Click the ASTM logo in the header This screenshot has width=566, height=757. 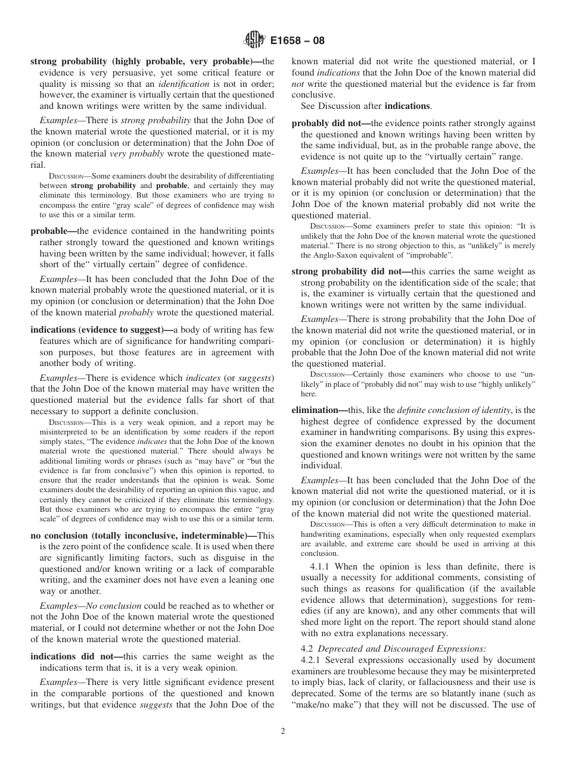click(x=253, y=40)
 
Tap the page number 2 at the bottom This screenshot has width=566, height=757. click(x=283, y=731)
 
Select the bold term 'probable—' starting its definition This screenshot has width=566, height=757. click(x=54, y=231)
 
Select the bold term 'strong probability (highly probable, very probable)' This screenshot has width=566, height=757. click(x=146, y=61)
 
